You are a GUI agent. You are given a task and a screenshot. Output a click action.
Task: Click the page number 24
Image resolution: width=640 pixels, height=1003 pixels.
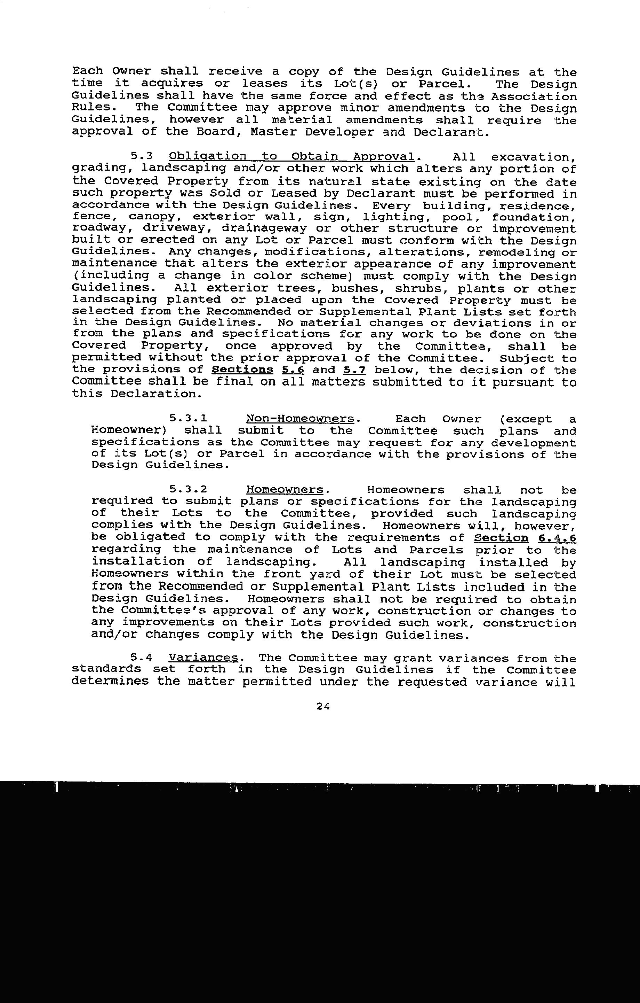pos(323,706)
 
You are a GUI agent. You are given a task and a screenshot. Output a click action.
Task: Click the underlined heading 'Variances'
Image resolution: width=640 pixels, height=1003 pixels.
pos(203,658)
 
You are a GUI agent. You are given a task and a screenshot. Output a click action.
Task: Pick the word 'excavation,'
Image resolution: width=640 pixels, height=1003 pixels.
pos(534,157)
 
